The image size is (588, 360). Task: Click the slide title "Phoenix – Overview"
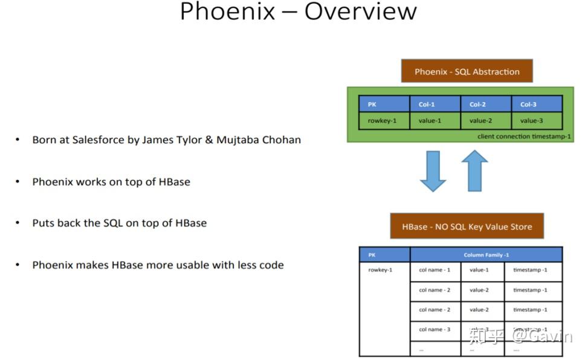coord(299,11)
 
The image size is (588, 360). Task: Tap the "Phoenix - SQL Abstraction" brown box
coord(467,71)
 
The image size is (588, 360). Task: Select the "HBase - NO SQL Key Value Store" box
coord(467,227)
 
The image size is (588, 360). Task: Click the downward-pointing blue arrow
coord(432,172)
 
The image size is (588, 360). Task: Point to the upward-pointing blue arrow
coord(474,170)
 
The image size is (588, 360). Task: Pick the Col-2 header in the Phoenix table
coord(486,104)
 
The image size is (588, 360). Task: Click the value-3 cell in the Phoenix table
coord(537,120)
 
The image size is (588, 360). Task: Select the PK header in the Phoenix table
coord(384,104)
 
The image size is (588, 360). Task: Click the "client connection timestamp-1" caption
coord(523,137)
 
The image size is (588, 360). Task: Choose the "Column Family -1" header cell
coord(486,254)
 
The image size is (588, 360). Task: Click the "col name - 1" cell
coord(435,270)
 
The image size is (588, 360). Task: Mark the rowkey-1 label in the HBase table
coord(380,270)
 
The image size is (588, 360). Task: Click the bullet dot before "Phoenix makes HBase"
coord(18,265)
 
